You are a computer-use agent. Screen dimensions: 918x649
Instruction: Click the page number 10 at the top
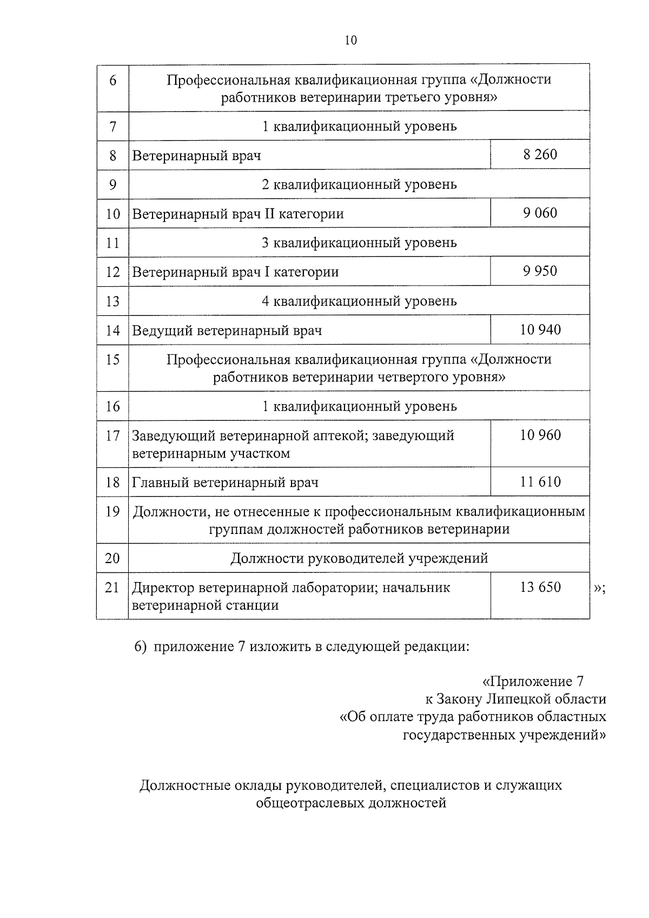[350, 41]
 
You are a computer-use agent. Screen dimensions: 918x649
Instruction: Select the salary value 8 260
[540, 155]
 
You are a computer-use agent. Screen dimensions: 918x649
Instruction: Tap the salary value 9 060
[540, 213]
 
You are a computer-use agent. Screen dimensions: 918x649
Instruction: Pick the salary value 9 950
[540, 271]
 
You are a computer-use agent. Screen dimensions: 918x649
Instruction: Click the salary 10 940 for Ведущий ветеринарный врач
[540, 329]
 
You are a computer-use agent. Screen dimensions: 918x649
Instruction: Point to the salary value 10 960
[540, 435]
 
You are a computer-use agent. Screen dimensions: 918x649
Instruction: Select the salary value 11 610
[540, 482]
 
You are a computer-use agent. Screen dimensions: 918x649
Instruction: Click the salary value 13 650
[540, 587]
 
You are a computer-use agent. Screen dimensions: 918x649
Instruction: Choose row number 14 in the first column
[112, 330]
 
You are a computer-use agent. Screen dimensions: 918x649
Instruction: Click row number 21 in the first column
[112, 587]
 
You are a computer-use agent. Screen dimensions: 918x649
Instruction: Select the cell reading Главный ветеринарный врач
[225, 483]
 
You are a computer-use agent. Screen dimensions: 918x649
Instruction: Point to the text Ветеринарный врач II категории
[238, 214]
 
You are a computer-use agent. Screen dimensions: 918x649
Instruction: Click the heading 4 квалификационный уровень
[359, 301]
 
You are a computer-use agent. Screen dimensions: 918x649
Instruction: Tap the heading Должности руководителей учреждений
[359, 558]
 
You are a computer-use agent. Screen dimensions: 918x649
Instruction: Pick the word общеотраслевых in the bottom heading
[310, 803]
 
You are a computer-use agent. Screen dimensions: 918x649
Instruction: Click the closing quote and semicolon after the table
[599, 589]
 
